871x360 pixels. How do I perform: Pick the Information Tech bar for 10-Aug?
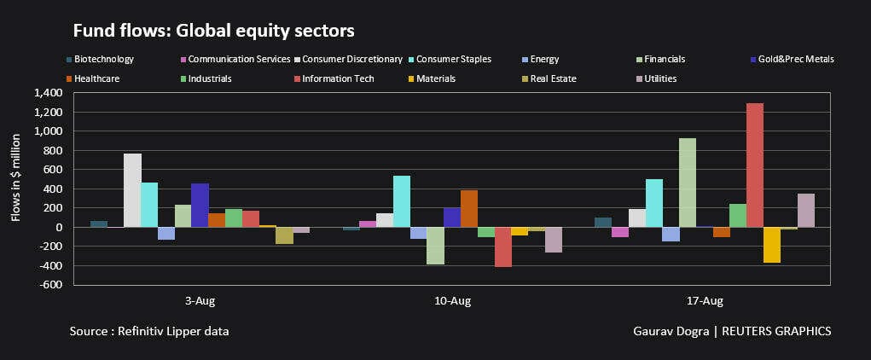tap(502, 247)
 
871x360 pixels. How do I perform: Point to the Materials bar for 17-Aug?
tap(771, 245)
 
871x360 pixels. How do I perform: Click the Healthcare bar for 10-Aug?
tap(469, 208)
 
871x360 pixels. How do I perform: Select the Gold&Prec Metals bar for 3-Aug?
tap(200, 205)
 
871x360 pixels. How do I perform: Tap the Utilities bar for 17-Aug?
tap(805, 211)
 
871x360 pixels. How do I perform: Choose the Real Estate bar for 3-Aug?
tap(284, 235)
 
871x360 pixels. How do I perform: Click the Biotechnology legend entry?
tap(103, 60)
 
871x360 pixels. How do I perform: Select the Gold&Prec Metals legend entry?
tap(794, 60)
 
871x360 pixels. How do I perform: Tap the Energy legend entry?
tap(543, 60)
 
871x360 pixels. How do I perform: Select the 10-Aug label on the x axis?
tap(452, 301)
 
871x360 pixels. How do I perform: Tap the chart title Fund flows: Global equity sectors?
tap(213, 31)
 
